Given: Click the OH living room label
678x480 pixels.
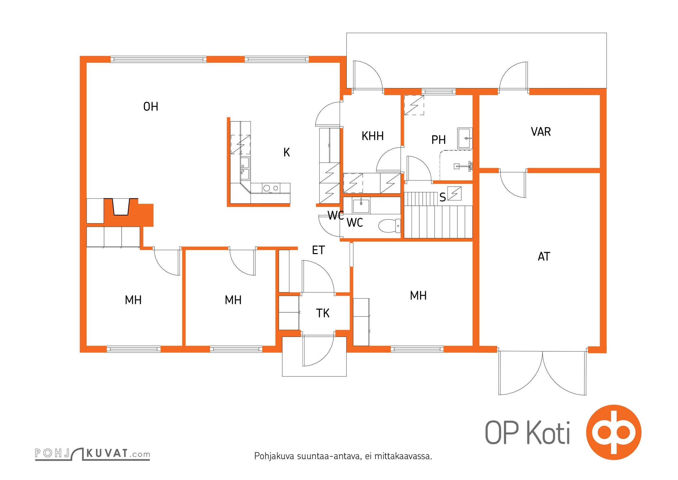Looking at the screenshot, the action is (150, 106).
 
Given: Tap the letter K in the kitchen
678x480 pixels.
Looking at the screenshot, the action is (287, 152).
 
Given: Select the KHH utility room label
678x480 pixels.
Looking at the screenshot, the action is (373, 136).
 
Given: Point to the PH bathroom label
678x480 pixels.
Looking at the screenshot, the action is (438, 139).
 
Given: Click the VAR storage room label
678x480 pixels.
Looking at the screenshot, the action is (541, 132).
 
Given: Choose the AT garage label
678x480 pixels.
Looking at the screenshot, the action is (544, 256).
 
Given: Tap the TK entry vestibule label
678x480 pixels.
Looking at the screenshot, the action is (323, 313).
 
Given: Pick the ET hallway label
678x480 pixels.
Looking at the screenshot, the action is (318, 250).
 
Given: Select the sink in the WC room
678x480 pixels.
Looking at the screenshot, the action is (361, 205).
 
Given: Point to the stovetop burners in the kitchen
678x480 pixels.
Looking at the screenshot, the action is (271, 188).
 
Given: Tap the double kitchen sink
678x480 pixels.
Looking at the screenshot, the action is (245, 168).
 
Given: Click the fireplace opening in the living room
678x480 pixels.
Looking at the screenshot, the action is (121, 207).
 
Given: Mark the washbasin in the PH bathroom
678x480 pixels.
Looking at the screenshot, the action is (465, 138).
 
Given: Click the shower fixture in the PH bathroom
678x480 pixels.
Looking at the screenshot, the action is (463, 166).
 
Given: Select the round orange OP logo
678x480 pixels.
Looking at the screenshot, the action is (614, 432).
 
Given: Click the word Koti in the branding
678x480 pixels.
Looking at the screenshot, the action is (548, 433).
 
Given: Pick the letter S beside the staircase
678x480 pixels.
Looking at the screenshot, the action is (442, 197).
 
